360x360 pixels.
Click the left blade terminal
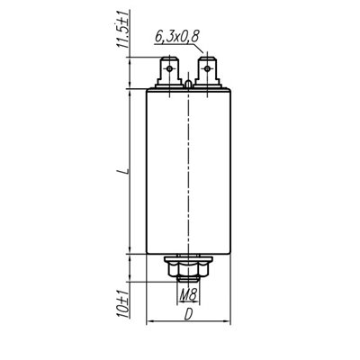[166, 72]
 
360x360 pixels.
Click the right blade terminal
[207, 72]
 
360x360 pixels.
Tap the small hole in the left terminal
[166, 67]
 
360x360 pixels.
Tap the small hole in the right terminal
[207, 67]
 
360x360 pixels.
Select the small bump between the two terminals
[186, 85]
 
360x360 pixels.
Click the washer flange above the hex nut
[186, 259]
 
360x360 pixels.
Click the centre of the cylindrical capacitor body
[186, 171]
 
